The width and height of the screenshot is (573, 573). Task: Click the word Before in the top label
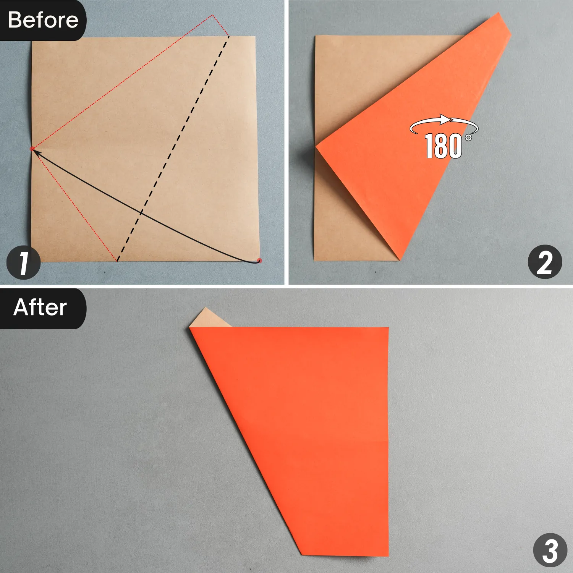pos(43,20)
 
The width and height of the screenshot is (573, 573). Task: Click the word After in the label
pos(40,308)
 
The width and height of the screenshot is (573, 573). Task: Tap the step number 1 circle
pos(24,263)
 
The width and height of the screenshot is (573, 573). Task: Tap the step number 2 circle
pos(545,262)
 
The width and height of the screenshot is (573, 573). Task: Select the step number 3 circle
pos(550,550)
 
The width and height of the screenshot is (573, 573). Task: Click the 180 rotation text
pos(443,146)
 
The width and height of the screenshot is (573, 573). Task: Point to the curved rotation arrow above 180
pos(443,121)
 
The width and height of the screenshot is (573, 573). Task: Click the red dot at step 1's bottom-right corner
pos(259,261)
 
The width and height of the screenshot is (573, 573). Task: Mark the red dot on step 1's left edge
pos(32,149)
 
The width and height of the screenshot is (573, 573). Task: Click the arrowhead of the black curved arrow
pos(36,152)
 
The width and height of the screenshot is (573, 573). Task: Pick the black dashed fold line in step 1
pos(173,149)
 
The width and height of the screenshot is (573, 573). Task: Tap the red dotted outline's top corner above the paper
pos(212,15)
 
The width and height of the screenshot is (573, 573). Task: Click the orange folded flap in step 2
pos(405,160)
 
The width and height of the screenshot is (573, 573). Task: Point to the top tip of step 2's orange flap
pos(499,13)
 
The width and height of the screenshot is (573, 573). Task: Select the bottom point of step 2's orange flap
pos(400,260)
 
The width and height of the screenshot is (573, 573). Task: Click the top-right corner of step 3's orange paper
pos(388,328)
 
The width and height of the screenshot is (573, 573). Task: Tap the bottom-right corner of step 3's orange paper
pos(388,556)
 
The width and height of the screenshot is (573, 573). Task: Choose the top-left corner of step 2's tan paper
pos(316,36)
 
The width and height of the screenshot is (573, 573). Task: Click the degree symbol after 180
pos(468,137)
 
